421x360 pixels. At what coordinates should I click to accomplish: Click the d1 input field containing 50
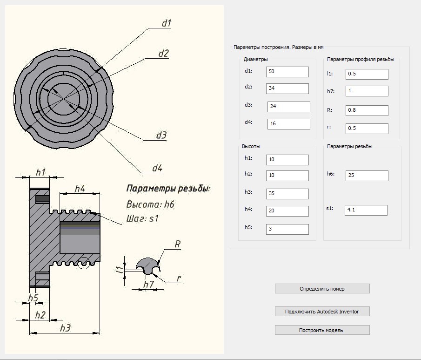click(287, 72)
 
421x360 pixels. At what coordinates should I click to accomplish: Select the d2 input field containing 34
click(287, 88)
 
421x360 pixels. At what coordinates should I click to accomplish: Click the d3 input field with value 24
click(288, 107)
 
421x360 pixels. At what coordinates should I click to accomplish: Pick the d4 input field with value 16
click(288, 124)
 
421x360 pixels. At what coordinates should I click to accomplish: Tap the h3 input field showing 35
click(287, 194)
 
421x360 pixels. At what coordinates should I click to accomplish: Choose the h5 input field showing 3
click(287, 229)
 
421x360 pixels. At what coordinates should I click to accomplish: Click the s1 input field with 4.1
click(366, 210)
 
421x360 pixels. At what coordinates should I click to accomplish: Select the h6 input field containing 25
click(367, 176)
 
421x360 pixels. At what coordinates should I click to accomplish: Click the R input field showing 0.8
click(367, 110)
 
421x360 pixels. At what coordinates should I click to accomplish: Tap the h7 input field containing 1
click(367, 91)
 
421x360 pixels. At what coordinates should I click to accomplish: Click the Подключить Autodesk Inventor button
click(322, 312)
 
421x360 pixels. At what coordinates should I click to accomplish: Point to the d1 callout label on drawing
click(167, 23)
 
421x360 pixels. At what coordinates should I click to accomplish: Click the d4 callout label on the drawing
click(157, 169)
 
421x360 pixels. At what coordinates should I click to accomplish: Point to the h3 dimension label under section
click(65, 328)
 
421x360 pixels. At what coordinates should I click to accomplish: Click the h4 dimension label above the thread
click(80, 189)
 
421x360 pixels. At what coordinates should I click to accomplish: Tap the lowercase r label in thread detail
click(178, 279)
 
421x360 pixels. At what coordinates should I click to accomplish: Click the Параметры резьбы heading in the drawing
click(168, 189)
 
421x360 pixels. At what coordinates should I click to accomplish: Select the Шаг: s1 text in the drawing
click(142, 218)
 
